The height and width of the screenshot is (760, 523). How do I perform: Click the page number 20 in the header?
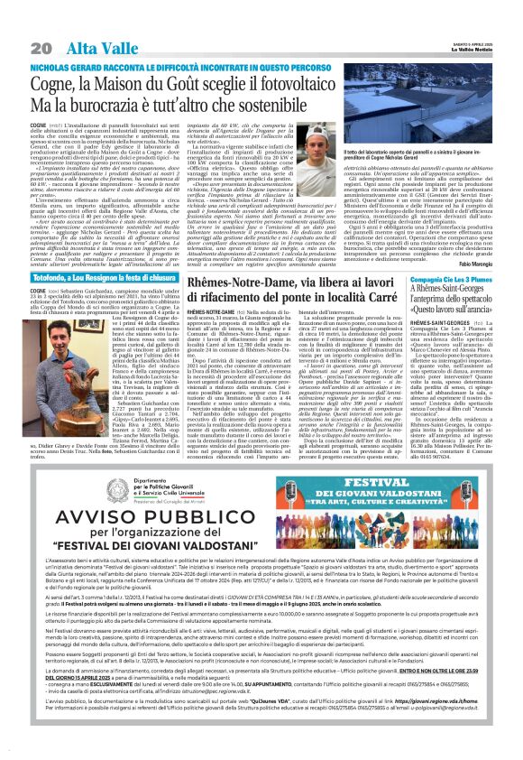pos(41,47)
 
